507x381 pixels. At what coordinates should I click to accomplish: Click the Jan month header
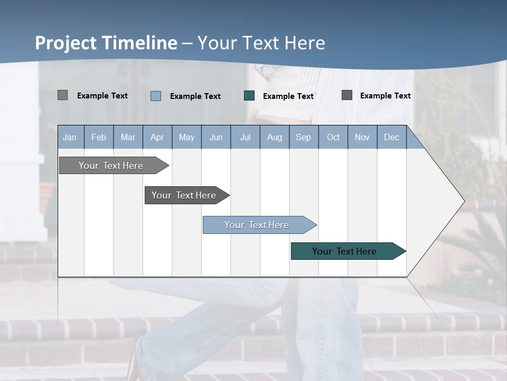pyautogui.click(x=70, y=137)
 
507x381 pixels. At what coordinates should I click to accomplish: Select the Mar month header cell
pyautogui.click(x=128, y=137)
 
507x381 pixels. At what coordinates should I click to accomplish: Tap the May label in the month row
pyautogui.click(x=186, y=137)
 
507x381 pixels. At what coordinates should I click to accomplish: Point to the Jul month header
pyautogui.click(x=245, y=137)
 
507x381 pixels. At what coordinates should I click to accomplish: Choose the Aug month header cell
pyautogui.click(x=274, y=137)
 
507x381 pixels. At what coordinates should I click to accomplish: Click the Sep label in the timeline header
pyautogui.click(x=303, y=137)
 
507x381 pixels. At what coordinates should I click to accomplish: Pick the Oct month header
pyautogui.click(x=333, y=137)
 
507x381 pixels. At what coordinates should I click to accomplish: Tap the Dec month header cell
pyautogui.click(x=391, y=137)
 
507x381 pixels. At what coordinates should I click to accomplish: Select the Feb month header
pyautogui.click(x=99, y=137)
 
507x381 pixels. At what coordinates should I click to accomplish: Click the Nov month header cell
pyautogui.click(x=362, y=137)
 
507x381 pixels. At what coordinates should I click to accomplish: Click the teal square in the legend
pyautogui.click(x=249, y=95)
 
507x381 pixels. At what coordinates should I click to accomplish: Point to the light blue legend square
pyautogui.click(x=156, y=96)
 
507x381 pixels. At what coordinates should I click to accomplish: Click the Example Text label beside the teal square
pyautogui.click(x=288, y=96)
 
